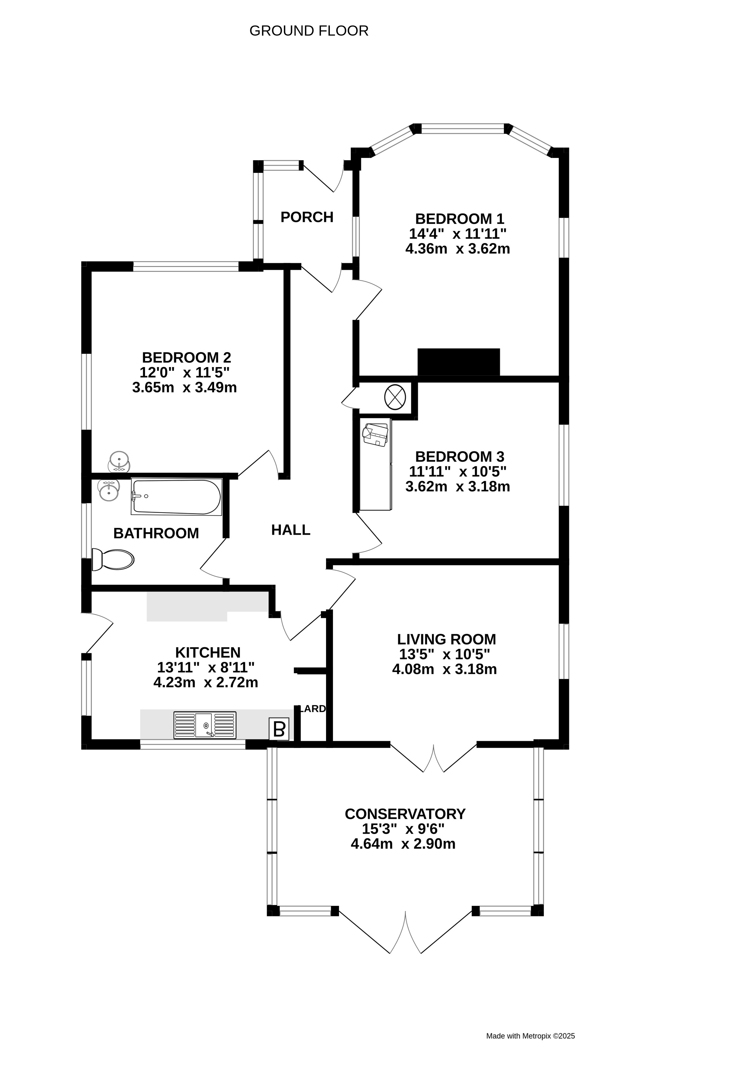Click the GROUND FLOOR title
[x=309, y=31]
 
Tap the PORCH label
[x=307, y=217]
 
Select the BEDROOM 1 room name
[x=460, y=218]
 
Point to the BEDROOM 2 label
[x=186, y=358]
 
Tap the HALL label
[x=291, y=530]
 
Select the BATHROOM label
[x=156, y=533]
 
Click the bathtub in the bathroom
[x=176, y=497]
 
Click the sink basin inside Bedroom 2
[x=120, y=462]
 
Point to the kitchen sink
[x=205, y=725]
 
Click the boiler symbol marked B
[x=279, y=729]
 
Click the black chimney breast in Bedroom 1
[x=459, y=362]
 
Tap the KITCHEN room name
[x=208, y=652]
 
